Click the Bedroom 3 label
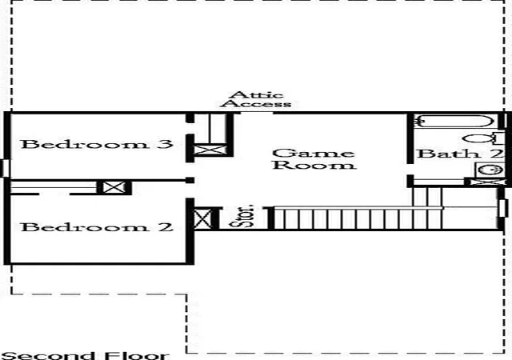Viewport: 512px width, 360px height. (97, 144)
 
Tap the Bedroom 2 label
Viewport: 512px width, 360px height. (97, 227)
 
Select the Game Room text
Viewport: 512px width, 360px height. (314, 159)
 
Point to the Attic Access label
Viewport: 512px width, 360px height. (256, 100)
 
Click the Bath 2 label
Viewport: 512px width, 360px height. (460, 154)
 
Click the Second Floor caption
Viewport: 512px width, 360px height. (85, 355)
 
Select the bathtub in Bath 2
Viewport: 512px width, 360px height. (455, 121)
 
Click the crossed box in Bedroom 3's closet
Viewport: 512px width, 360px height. (210, 150)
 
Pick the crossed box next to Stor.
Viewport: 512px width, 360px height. (202, 218)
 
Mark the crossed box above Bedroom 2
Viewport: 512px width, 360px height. (114, 187)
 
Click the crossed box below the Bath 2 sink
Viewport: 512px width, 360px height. (485, 182)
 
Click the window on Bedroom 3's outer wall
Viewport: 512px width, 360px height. (5, 168)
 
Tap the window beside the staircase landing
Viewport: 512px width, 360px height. (504, 208)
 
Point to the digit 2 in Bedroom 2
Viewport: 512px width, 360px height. (166, 227)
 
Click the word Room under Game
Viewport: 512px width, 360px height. (314, 165)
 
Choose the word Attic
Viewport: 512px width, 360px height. (256, 95)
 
